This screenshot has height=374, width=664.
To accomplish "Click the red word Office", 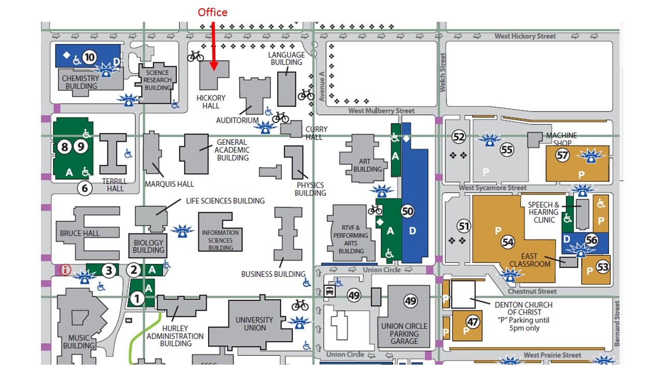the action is click(x=213, y=12).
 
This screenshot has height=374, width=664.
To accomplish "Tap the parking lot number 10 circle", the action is click(x=90, y=57).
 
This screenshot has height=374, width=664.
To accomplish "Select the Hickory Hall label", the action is click(x=211, y=102).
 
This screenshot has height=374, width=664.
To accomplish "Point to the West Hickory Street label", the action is click(x=525, y=36).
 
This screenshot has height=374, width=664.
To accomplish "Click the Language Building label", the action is click(x=286, y=59).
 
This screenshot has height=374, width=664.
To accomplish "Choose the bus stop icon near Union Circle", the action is click(x=329, y=291).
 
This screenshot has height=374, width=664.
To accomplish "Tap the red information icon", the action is click(x=65, y=270).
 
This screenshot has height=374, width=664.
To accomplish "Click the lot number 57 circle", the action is click(x=562, y=155).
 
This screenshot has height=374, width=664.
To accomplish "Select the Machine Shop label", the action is click(x=561, y=139).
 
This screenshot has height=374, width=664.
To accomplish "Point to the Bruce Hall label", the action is click(x=80, y=233).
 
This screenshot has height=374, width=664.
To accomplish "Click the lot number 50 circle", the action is click(x=407, y=211).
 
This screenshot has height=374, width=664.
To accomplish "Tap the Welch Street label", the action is click(x=442, y=72).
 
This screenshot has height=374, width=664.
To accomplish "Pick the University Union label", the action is click(x=254, y=324).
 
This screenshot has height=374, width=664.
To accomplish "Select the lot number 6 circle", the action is click(x=85, y=188).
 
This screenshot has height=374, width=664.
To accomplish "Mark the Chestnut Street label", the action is click(x=532, y=291).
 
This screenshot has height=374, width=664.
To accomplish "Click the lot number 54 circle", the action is click(x=508, y=242).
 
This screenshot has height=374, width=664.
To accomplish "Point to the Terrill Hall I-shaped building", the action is click(x=113, y=154).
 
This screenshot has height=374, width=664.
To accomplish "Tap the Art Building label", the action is click(x=367, y=165).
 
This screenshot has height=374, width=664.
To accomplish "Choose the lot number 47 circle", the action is click(x=473, y=322).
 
